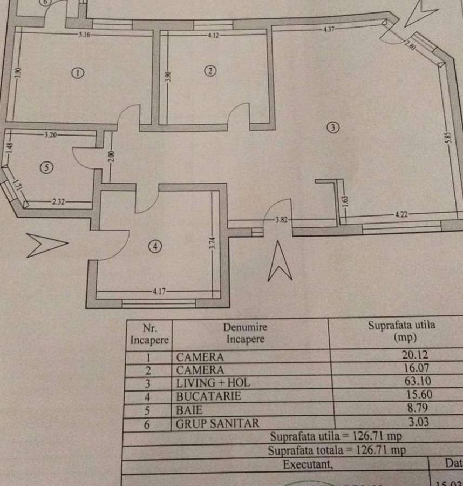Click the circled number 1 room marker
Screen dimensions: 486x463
coord(78,73)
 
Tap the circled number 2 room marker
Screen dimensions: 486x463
coord(210,70)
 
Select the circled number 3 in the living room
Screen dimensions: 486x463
coord(333,127)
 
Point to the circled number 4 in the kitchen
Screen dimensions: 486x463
coord(155,246)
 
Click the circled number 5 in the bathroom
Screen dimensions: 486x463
coord(47,168)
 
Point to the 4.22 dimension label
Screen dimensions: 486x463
coord(401,214)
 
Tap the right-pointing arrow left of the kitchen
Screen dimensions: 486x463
coord(46,245)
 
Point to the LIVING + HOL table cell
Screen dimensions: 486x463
coord(213,383)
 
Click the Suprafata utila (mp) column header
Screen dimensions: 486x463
coord(401,332)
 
